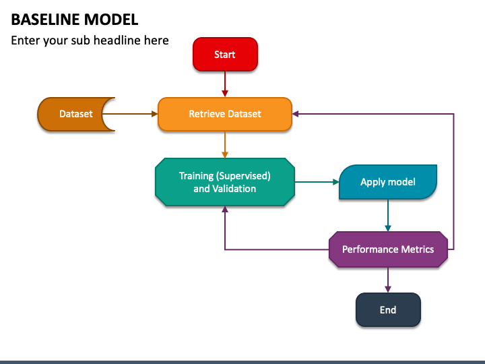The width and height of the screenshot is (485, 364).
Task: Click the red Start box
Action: pyautogui.click(x=225, y=55)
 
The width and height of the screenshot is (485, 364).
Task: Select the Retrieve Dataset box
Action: pyautogui.click(x=225, y=114)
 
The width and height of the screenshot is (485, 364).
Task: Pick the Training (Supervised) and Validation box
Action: pyautogui.click(x=225, y=182)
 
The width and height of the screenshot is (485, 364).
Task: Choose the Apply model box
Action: pyautogui.click(x=388, y=182)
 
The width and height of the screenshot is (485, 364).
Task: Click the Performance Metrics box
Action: pyautogui.click(x=388, y=249)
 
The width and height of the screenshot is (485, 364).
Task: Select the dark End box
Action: pyautogui.click(x=388, y=309)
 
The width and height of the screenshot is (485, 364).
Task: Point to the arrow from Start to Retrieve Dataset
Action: pyautogui.click(x=225, y=84)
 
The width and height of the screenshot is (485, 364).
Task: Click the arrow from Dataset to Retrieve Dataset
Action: pyautogui.click(x=130, y=114)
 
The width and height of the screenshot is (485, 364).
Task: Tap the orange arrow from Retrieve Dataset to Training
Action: pyautogui.click(x=225, y=144)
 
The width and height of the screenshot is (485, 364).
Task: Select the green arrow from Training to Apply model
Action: pyautogui.click(x=317, y=182)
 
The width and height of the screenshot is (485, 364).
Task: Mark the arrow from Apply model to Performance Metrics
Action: pyautogui.click(x=388, y=215)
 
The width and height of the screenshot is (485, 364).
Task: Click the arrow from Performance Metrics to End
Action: pyautogui.click(x=388, y=280)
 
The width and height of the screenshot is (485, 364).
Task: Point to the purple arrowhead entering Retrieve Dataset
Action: pyautogui.click(x=296, y=114)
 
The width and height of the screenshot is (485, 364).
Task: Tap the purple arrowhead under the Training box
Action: pyautogui.click(x=225, y=209)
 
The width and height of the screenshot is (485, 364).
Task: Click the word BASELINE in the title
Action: pyautogui.click(x=46, y=20)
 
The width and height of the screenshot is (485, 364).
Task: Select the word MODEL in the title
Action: pyautogui.click(x=111, y=20)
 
